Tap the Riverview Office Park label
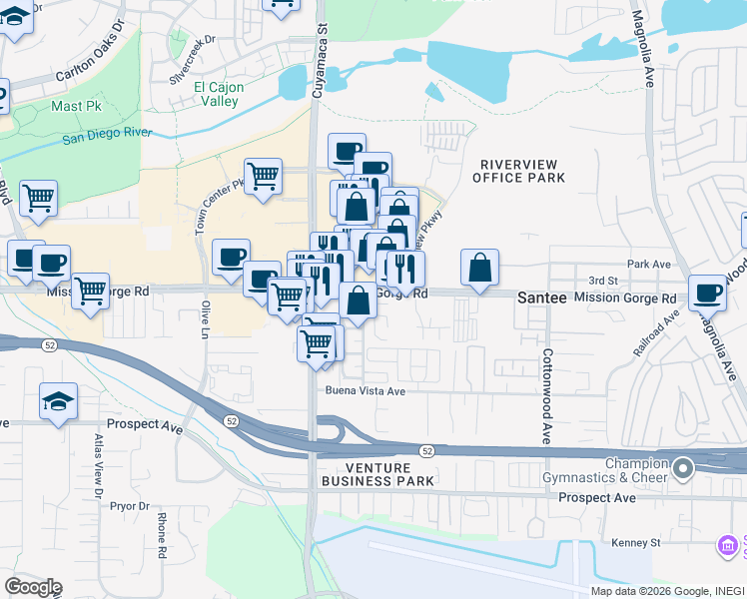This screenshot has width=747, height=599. (522, 171)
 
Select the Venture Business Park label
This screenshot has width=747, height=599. (377, 474)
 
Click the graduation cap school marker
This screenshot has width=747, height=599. (59, 402)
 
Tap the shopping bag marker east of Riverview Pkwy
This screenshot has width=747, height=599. (480, 268)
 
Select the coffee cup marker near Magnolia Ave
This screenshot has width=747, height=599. (707, 293)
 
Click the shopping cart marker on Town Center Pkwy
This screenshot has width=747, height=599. (263, 177)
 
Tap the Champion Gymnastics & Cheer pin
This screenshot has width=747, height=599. (683, 467)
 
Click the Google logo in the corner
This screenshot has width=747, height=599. (33, 587)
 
